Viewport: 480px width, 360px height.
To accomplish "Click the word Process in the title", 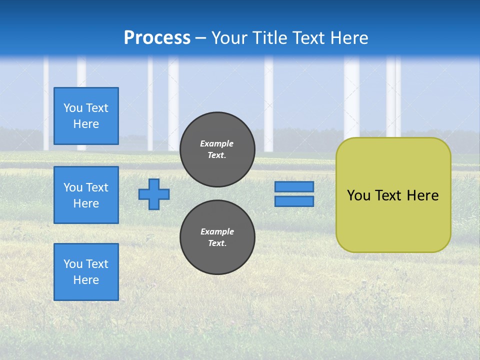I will pos(157,38).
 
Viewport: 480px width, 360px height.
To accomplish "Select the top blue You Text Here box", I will pos(86,116).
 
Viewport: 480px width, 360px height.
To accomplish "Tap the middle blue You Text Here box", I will pos(86,195).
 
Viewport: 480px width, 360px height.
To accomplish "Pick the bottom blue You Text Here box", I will pos(86,272).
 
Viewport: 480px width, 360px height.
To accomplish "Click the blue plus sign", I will pos(154,194).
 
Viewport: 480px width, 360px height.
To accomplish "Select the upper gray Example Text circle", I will pos(217,149).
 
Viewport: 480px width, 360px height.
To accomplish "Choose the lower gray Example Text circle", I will pos(217,237).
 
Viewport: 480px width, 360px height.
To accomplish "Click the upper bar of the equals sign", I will pos(294,187).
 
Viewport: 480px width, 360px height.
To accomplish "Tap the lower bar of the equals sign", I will pos(294,201).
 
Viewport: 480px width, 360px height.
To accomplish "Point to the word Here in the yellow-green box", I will pos(422,195).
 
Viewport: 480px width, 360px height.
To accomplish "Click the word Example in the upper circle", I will pos(217,143).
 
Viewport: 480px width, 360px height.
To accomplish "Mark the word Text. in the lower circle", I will pos(217,243).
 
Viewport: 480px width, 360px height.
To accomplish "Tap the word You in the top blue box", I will pos(73,108).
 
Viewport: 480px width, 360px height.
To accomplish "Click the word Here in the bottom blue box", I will pos(86,280).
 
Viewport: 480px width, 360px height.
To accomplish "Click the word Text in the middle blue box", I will pos(96,187).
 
